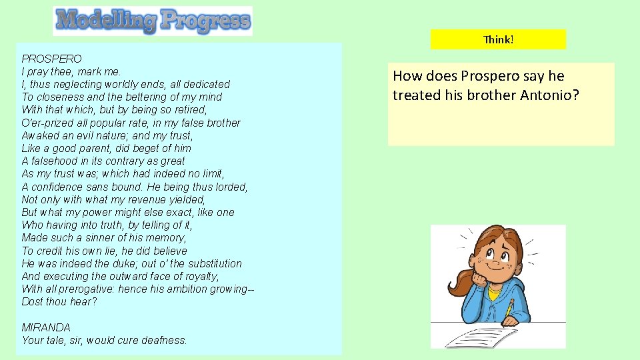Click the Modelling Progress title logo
coord(153,21)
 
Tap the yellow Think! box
coord(498,39)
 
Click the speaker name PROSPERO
coord(51,59)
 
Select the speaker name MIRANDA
coord(46,327)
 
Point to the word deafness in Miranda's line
coord(163,340)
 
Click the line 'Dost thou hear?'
coord(59,302)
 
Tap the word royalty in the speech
coord(198,276)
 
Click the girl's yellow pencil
coord(509,309)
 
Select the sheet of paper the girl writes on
coord(481,333)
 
